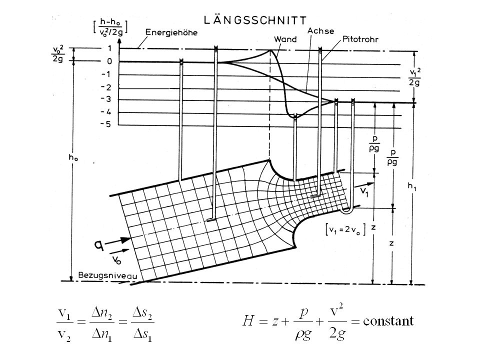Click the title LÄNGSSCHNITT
pos(255,20)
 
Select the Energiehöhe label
pos(171,32)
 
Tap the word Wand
pos(285,39)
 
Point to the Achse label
pos(320,31)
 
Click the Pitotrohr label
pos(360,39)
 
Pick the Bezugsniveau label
pos(108,275)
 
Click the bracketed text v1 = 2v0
pos(345,229)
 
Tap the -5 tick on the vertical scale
pos(106,124)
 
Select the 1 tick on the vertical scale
pos(109,48)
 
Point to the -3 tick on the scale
pos(106,99)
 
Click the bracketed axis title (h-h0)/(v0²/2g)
pos(110,26)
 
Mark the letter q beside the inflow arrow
pos(98,244)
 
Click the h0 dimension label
pos(73,157)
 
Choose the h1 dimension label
pos(411,186)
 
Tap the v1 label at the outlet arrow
pos(364,192)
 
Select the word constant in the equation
pos(388,321)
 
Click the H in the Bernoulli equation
pos(248,321)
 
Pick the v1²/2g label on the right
pos(414,77)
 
